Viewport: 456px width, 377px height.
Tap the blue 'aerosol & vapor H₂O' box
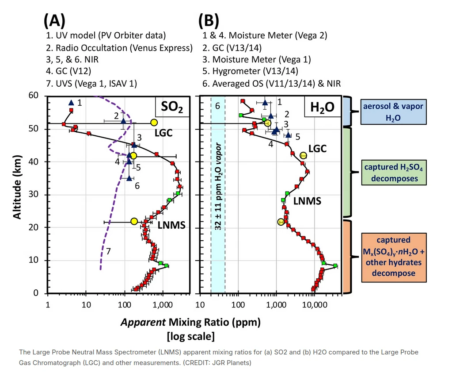(393, 112)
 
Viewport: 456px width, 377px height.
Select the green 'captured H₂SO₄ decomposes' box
(393, 173)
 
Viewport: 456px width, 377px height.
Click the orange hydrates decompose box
(393, 257)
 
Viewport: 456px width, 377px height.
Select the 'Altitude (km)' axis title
(17, 186)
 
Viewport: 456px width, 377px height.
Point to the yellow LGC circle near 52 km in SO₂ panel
(154, 123)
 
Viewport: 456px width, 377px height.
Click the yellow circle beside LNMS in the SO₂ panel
(134, 221)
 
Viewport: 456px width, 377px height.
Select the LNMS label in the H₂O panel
(308, 201)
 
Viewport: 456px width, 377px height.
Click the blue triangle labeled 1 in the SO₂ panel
(71, 103)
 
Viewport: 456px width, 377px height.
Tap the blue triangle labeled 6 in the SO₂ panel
(129, 178)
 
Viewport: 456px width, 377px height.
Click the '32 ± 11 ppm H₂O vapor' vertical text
(218, 186)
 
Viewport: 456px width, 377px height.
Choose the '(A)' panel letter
(54, 20)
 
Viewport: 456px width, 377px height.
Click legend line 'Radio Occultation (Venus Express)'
(119, 47)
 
